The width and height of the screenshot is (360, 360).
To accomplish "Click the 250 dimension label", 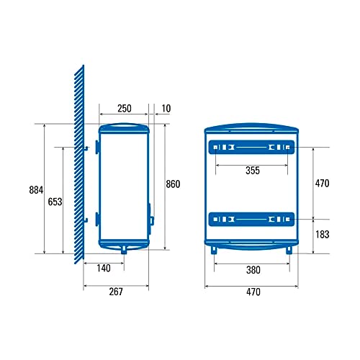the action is click(x=125, y=109).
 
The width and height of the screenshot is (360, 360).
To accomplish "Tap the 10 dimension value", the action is click(x=166, y=109).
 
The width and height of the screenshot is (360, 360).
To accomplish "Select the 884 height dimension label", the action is click(x=36, y=190).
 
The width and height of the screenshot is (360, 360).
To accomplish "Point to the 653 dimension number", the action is click(x=55, y=202).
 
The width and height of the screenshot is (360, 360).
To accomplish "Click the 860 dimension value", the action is click(x=173, y=184).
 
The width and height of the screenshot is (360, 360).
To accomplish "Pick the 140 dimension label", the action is click(x=104, y=268).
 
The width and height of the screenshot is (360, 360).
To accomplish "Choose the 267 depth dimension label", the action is click(x=116, y=292).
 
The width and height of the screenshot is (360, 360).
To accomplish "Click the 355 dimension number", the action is click(x=253, y=171).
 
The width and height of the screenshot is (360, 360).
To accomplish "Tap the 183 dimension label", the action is click(x=323, y=235).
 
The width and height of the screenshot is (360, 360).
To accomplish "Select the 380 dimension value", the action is click(x=253, y=270).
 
